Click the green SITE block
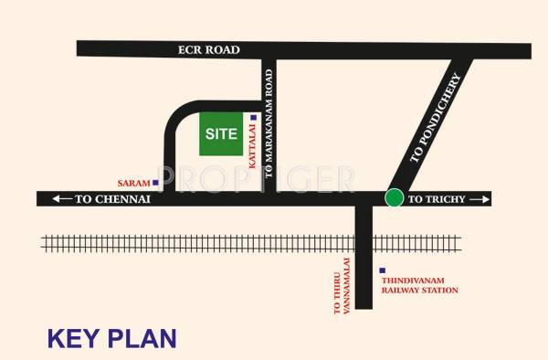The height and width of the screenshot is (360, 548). coord(220,134)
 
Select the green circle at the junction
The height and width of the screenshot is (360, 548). coord(394,197)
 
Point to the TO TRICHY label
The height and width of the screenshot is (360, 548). coord(437,198)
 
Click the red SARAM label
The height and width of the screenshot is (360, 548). coord(134,184)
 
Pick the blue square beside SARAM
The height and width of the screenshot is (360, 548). coord(156,183)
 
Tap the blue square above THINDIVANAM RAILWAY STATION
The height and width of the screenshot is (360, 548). coord(381,270)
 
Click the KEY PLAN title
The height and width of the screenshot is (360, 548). coord(111,338)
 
